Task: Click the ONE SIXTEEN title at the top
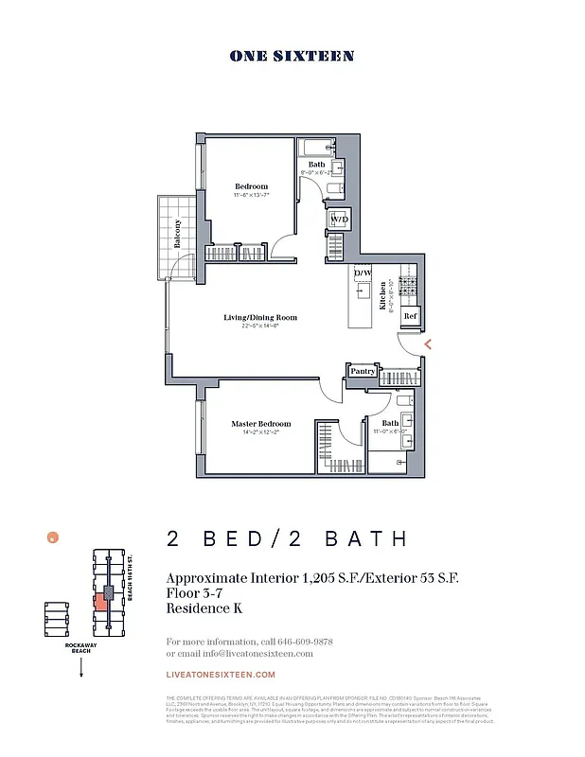pyautogui.click(x=292, y=57)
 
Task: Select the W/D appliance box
pyautogui.click(x=338, y=220)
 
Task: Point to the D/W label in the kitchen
pyautogui.click(x=362, y=274)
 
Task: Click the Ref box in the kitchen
pyautogui.click(x=410, y=316)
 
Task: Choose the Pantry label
pyautogui.click(x=363, y=372)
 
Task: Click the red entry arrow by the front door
pyautogui.click(x=428, y=345)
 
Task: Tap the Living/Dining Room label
pyautogui.click(x=260, y=318)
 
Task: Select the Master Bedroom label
pyautogui.click(x=261, y=424)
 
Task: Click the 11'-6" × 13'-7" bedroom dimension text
pyautogui.click(x=252, y=195)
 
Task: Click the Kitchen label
pyautogui.click(x=383, y=296)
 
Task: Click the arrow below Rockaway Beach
pyautogui.click(x=81, y=667)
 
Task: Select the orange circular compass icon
pyautogui.click(x=53, y=537)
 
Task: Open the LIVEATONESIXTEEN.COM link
pyautogui.click(x=221, y=675)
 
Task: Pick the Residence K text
pyautogui.click(x=204, y=608)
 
